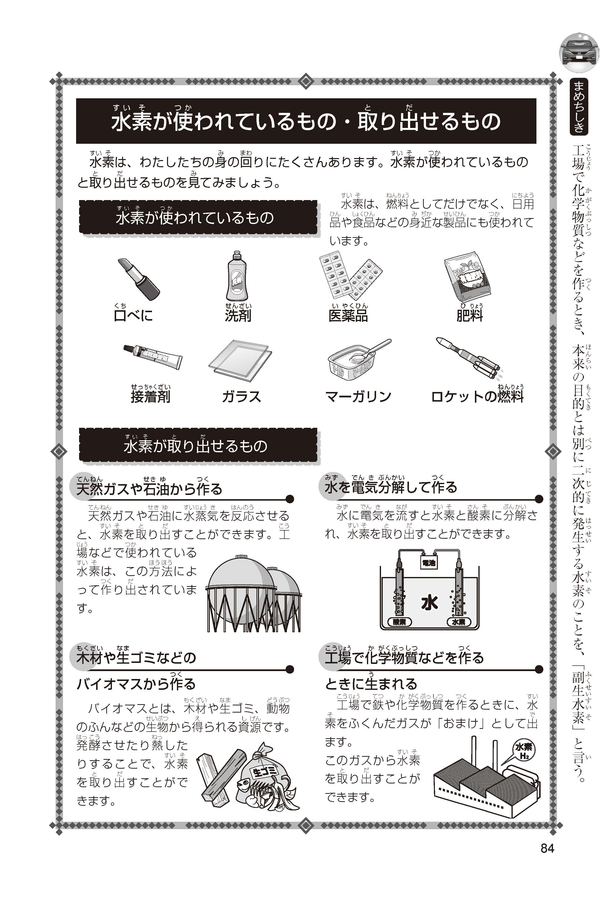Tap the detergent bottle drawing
click(237, 276)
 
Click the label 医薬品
click(348, 315)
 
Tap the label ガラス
click(241, 397)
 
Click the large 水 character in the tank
click(429, 602)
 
